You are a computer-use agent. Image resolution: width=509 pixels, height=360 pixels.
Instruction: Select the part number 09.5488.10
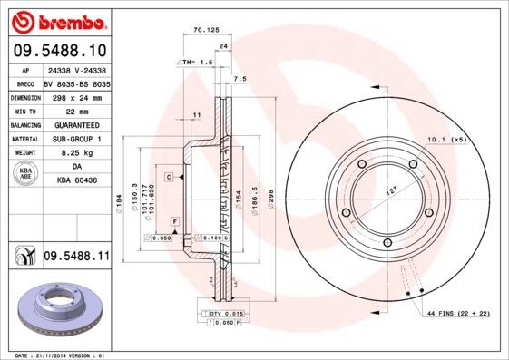(58, 50)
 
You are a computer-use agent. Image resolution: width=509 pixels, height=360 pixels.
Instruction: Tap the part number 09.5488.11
(76, 258)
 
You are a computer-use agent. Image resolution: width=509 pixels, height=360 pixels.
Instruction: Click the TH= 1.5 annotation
(194, 62)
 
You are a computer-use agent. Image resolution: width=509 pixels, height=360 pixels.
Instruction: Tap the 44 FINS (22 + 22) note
(458, 313)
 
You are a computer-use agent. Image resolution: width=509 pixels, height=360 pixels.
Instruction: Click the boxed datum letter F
(173, 221)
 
